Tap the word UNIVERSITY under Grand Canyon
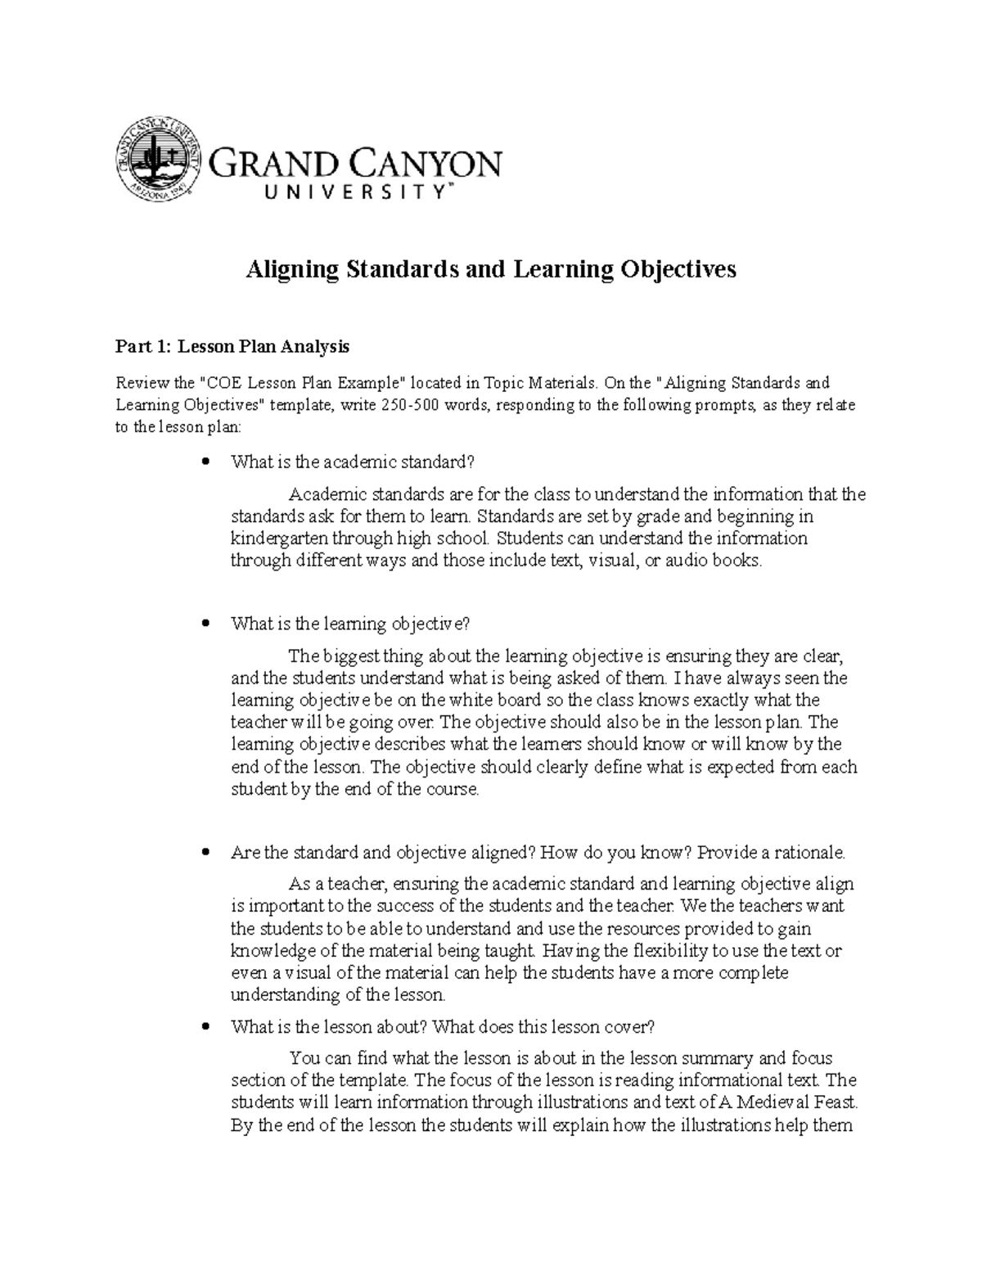351,193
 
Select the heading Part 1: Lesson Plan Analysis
232,347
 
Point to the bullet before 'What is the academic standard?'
206,462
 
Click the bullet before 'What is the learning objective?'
206,624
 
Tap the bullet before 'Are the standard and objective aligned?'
206,853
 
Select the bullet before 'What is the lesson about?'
206,1027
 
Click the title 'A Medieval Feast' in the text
789,1102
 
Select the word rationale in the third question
809,853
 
